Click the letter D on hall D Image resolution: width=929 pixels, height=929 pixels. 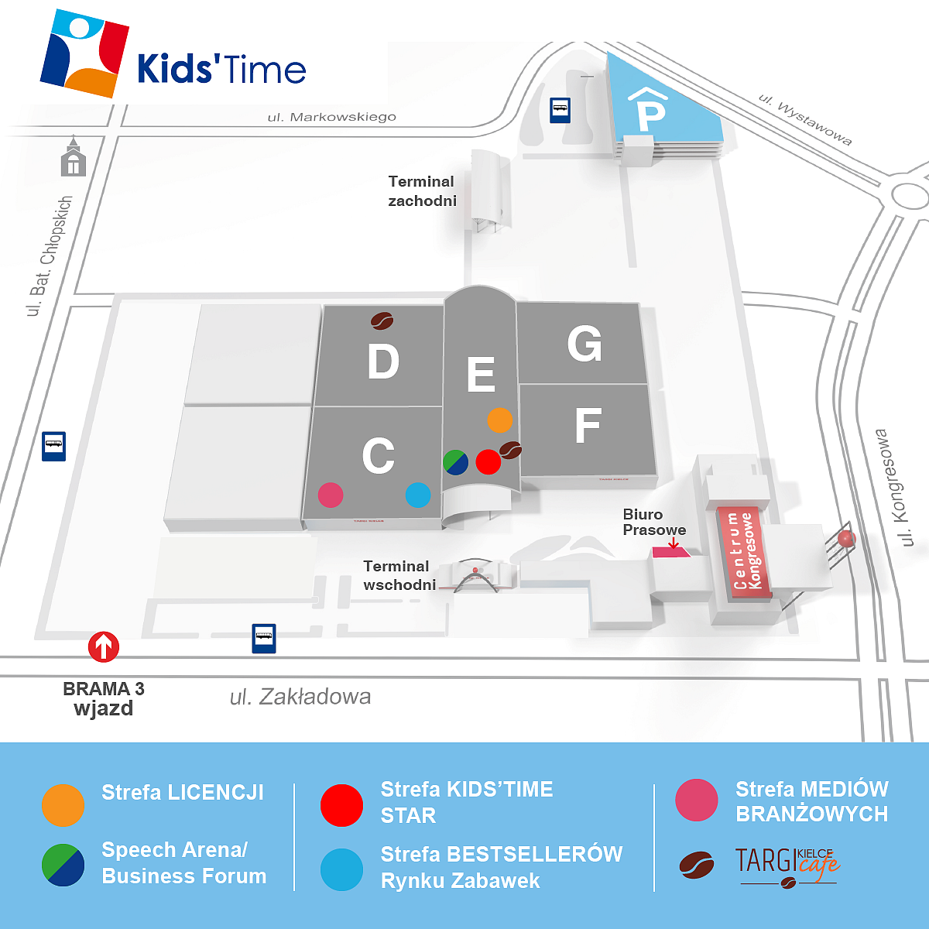pyautogui.click(x=383, y=362)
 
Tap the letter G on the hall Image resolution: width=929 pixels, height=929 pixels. pyautogui.click(x=584, y=344)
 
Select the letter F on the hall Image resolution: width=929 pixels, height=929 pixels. pyautogui.click(x=588, y=424)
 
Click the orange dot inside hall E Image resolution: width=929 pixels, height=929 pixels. pyautogui.click(x=500, y=420)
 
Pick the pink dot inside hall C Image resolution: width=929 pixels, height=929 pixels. pyautogui.click(x=331, y=495)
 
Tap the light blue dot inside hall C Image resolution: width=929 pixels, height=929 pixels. pyautogui.click(x=418, y=495)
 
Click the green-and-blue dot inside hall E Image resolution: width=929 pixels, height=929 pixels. pyautogui.click(x=456, y=461)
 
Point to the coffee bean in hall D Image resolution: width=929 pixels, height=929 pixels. pyautogui.click(x=382, y=320)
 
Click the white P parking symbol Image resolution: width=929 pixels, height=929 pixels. pyautogui.click(x=650, y=115)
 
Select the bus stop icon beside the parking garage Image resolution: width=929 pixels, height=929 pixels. pyautogui.click(x=560, y=110)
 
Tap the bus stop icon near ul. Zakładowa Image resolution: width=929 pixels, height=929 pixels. pyautogui.click(x=264, y=639)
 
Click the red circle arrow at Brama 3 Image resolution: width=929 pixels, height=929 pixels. pyautogui.click(x=104, y=646)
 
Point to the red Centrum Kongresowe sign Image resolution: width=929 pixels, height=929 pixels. pyautogui.click(x=743, y=551)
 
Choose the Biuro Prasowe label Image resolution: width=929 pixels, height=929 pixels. pyautogui.click(x=654, y=523)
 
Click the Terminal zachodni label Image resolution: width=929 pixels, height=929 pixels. pyautogui.click(x=422, y=191)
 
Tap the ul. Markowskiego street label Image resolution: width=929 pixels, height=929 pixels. pyautogui.click(x=332, y=117)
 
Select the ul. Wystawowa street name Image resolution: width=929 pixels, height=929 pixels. pyautogui.click(x=805, y=120)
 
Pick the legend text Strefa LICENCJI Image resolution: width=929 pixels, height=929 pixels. pyautogui.click(x=183, y=793)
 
